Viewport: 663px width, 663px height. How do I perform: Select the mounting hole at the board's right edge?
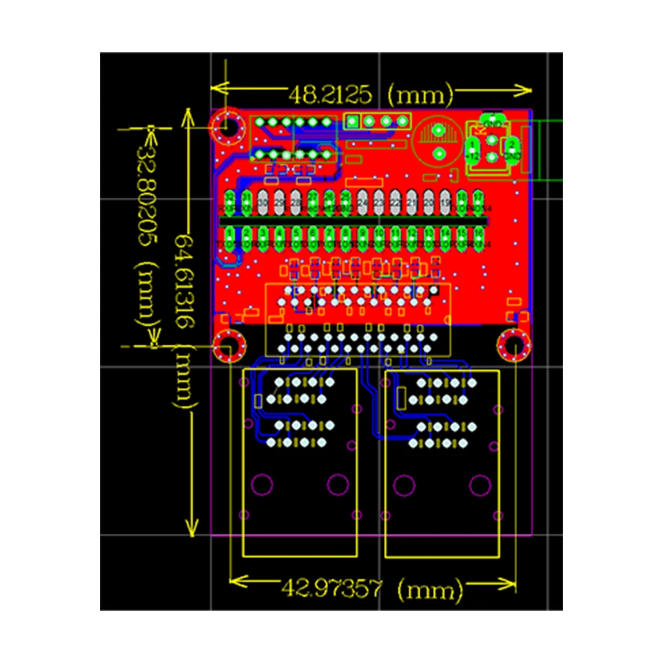click(x=513, y=345)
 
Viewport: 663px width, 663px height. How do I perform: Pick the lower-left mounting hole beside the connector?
click(x=229, y=346)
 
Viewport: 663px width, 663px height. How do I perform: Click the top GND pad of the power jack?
click(x=493, y=123)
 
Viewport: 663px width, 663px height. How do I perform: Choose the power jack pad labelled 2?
click(x=512, y=145)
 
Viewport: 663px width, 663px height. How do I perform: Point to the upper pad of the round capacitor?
click(x=438, y=131)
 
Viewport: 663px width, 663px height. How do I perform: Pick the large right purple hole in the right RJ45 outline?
click(x=479, y=485)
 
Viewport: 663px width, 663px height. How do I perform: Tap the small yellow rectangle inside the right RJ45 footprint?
click(x=400, y=398)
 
